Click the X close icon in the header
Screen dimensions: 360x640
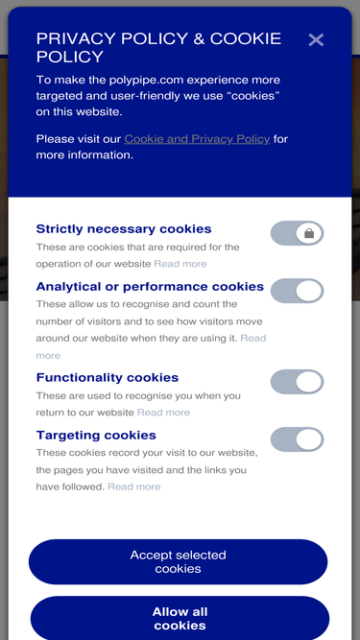pyautogui.click(x=316, y=40)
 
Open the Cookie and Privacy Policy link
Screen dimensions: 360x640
pyautogui.click(x=197, y=139)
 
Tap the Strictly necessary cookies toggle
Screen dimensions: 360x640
pyautogui.click(x=298, y=233)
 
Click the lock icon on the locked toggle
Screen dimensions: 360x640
pyautogui.click(x=309, y=233)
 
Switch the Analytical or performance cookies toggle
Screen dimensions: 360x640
pyautogui.click(x=298, y=291)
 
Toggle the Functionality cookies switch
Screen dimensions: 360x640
pyautogui.click(x=298, y=382)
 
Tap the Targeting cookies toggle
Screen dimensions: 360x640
pyautogui.click(x=298, y=439)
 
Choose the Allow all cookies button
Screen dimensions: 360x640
pyautogui.click(x=180, y=618)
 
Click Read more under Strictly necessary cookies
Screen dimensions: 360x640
pyautogui.click(x=180, y=264)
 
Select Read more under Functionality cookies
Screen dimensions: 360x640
pyautogui.click(x=163, y=413)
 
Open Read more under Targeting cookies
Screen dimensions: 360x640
pyautogui.click(x=133, y=486)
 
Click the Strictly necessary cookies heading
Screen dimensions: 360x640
pyautogui.click(x=124, y=228)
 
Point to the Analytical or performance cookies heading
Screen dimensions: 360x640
pyautogui.click(x=150, y=287)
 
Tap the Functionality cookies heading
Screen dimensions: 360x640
pyautogui.click(x=108, y=377)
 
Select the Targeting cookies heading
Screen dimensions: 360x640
pyautogui.click(x=96, y=435)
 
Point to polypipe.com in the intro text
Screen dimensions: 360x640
pyautogui.click(x=148, y=80)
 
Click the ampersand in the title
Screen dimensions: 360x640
pyautogui.click(x=199, y=39)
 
